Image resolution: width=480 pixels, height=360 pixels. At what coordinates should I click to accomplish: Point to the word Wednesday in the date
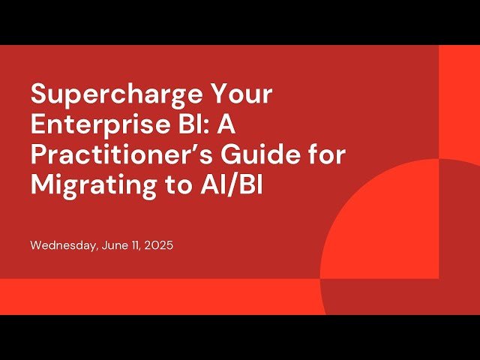click(63, 245)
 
